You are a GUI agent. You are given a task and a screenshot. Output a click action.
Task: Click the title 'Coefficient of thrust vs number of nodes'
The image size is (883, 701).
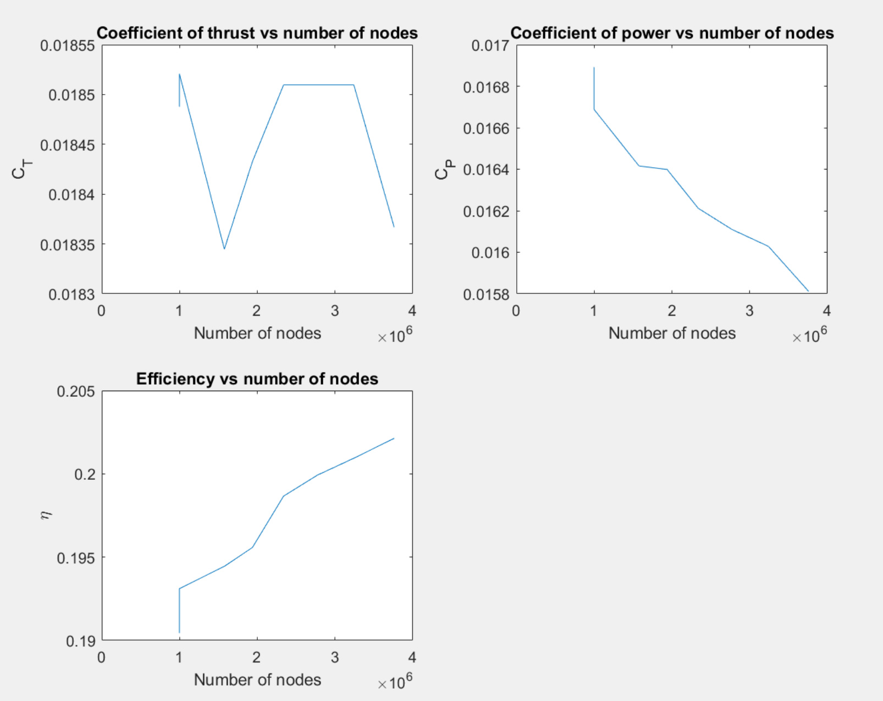pyautogui.click(x=257, y=33)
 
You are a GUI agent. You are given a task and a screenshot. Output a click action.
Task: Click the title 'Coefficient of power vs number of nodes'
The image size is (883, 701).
pyautogui.click(x=672, y=33)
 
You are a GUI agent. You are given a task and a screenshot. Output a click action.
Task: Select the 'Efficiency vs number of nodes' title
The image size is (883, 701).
pyautogui.click(x=257, y=379)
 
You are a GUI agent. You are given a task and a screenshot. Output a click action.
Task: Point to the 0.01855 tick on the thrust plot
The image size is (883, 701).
pyautogui.click(x=68, y=46)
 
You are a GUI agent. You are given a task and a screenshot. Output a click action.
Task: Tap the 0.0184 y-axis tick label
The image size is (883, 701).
pyautogui.click(x=71, y=195)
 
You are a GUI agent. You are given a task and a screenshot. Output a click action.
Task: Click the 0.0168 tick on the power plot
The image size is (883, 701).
pyautogui.click(x=486, y=87)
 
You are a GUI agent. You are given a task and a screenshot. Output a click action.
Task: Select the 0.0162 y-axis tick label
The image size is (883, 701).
pyautogui.click(x=486, y=211)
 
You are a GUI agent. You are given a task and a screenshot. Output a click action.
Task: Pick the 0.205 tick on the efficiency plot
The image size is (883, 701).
pyautogui.click(x=76, y=392)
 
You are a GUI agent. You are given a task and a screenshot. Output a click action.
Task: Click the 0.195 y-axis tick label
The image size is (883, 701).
pyautogui.click(x=76, y=558)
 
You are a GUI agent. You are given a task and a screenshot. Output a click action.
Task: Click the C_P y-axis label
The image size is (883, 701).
pyautogui.click(x=444, y=169)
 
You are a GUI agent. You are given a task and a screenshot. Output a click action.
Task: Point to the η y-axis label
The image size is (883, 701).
pyautogui.click(x=46, y=515)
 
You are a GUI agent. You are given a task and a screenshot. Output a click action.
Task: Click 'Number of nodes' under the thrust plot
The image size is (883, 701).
pyautogui.click(x=257, y=333)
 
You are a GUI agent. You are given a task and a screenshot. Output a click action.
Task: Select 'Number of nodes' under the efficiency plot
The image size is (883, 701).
pyautogui.click(x=257, y=680)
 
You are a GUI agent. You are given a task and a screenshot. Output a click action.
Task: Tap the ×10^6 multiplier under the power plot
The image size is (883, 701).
pyautogui.click(x=809, y=335)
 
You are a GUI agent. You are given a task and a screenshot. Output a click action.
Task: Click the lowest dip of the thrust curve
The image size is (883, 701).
pyautogui.click(x=224, y=249)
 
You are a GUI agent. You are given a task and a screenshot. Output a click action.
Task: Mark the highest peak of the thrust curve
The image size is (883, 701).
pyautogui.click(x=180, y=74)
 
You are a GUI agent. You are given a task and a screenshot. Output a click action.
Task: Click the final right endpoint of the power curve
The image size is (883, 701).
pyautogui.click(x=808, y=291)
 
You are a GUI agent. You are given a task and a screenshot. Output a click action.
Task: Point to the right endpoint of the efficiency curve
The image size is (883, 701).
pyautogui.click(x=394, y=439)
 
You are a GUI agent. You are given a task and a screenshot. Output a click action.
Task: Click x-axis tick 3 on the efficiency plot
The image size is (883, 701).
pyautogui.click(x=335, y=658)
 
